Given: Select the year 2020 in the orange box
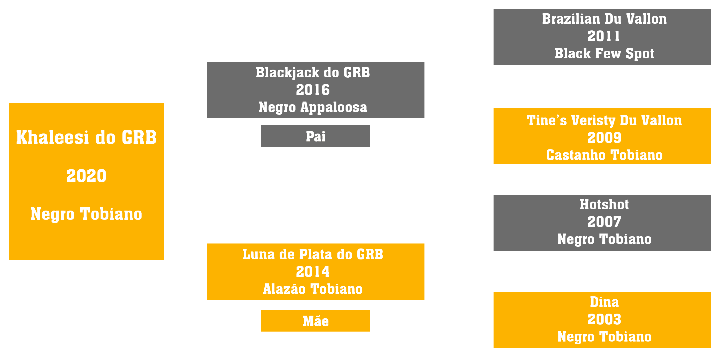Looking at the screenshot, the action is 86,176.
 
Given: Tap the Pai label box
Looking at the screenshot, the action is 315,136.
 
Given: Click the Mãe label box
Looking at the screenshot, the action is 315,321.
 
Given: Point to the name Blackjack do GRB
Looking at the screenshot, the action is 313,73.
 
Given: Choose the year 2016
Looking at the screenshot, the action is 313,90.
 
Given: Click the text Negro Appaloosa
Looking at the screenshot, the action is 313,107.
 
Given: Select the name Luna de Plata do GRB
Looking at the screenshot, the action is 313,254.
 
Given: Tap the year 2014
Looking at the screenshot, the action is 313,272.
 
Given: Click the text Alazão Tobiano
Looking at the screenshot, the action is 313,289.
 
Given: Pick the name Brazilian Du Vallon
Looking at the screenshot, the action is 604,19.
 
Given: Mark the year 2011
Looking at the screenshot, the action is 604,36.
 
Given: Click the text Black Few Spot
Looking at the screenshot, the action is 604,54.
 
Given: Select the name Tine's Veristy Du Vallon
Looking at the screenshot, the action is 604,120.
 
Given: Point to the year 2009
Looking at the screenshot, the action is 604,138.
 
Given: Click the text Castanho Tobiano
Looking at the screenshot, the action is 604,155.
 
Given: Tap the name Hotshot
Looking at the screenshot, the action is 604,204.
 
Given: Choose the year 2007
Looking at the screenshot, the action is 604,222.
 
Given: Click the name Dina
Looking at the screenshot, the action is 604,302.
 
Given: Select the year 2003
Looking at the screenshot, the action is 604,319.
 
